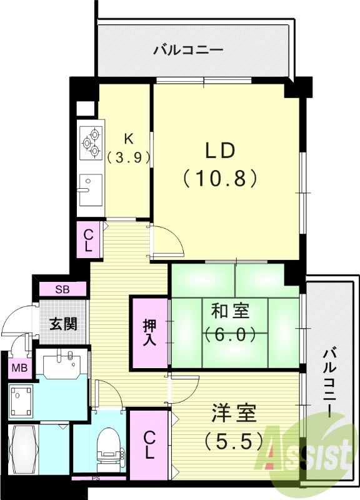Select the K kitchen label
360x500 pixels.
(x=127, y=139)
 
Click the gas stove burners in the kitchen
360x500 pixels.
(x=92, y=142)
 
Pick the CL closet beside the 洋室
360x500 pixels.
(x=149, y=444)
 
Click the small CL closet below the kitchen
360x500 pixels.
(x=89, y=239)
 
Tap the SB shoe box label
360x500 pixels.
(x=62, y=289)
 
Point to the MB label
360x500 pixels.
(x=18, y=368)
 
